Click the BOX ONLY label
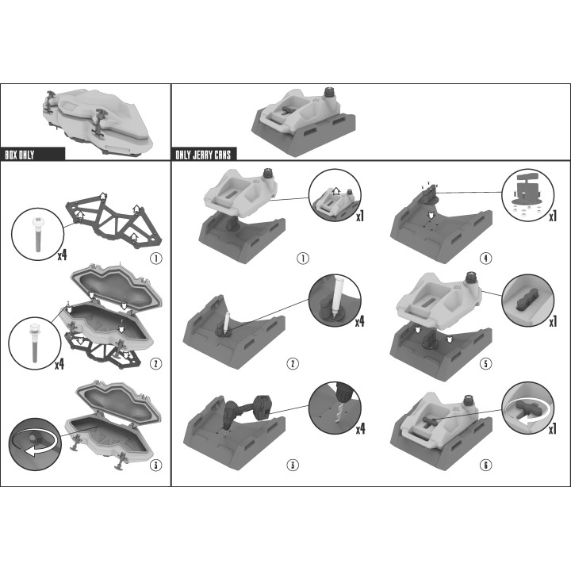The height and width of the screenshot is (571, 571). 20,155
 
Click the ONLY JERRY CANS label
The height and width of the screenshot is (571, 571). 203,155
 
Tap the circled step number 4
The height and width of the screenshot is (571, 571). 486,259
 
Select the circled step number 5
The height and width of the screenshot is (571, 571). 486,363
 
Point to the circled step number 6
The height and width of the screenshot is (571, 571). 486,465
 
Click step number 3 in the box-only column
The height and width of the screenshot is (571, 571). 156,465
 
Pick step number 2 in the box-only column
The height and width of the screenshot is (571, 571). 156,363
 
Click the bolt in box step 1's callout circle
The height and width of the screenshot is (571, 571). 37,234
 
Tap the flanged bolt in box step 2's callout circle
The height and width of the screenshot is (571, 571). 34,343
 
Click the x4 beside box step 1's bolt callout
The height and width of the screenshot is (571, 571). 63,255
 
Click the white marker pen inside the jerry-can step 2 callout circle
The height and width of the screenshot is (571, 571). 335,295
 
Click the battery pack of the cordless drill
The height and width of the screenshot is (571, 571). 263,407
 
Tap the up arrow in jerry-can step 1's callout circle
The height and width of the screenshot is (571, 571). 336,191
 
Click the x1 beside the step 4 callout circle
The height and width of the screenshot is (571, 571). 554,217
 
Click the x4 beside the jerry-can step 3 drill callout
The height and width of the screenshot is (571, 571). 360,429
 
